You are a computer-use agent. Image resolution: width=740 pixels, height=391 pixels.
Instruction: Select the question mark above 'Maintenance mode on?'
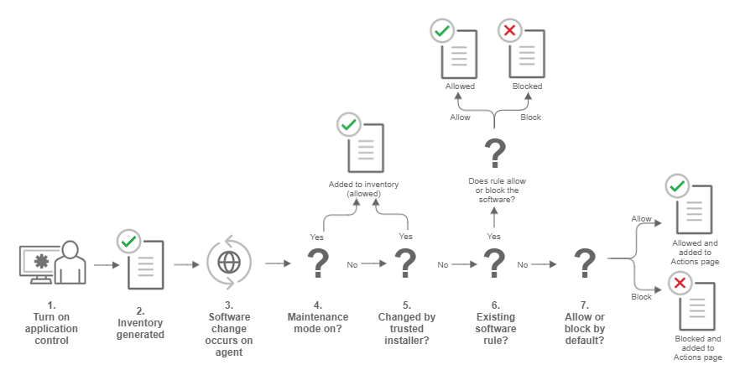point(318,264)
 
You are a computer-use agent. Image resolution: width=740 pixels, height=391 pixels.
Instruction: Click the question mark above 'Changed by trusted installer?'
point(406,264)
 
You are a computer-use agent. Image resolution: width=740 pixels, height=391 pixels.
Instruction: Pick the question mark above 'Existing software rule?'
point(495,264)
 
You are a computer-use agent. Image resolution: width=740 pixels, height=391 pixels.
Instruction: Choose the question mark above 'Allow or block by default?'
point(585,264)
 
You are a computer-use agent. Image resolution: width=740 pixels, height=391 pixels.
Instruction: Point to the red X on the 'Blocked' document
point(508,32)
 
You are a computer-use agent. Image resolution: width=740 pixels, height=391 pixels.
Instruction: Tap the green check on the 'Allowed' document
point(441,32)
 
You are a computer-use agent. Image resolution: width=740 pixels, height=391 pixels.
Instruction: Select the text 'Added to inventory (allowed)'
point(363,188)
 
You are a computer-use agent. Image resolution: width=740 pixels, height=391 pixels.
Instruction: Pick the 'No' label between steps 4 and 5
point(352,264)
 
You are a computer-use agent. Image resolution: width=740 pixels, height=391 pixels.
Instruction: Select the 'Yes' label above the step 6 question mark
point(493,237)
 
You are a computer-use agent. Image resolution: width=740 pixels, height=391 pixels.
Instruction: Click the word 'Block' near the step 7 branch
point(641,297)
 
